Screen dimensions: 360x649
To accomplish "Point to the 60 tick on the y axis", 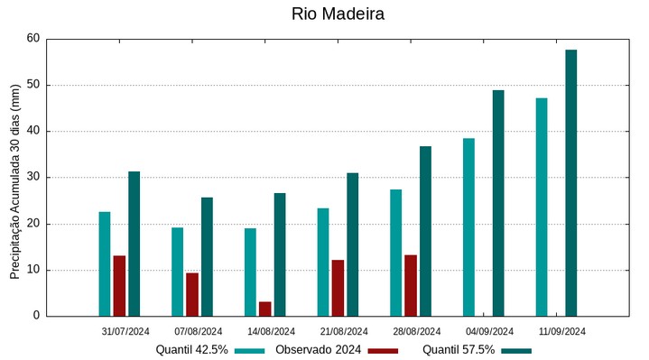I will click(33, 39).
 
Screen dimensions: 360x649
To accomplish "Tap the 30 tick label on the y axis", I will click(33, 178).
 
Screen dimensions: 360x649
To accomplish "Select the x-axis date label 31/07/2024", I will click(125, 331).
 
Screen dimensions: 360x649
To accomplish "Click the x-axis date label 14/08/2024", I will click(271, 331).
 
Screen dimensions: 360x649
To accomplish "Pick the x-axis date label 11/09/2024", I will click(562, 331).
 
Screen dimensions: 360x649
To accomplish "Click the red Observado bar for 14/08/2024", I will click(264, 309).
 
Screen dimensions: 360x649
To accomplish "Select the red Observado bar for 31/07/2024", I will click(119, 286).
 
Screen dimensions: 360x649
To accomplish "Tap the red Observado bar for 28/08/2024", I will click(411, 285).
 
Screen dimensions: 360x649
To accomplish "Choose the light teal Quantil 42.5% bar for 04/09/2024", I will click(468, 226).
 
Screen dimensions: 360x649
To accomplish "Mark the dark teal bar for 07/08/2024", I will click(207, 256).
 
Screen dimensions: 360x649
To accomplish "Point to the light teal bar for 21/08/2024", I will click(323, 262).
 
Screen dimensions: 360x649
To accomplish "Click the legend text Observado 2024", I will click(319, 350).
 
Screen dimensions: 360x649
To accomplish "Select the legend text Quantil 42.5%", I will click(191, 350).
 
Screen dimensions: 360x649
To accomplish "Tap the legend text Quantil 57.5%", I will click(459, 350).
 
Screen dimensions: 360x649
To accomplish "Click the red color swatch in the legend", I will click(383, 350).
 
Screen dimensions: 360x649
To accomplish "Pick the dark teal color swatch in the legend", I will click(516, 350).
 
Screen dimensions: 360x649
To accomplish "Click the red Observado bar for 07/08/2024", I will click(192, 294).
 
